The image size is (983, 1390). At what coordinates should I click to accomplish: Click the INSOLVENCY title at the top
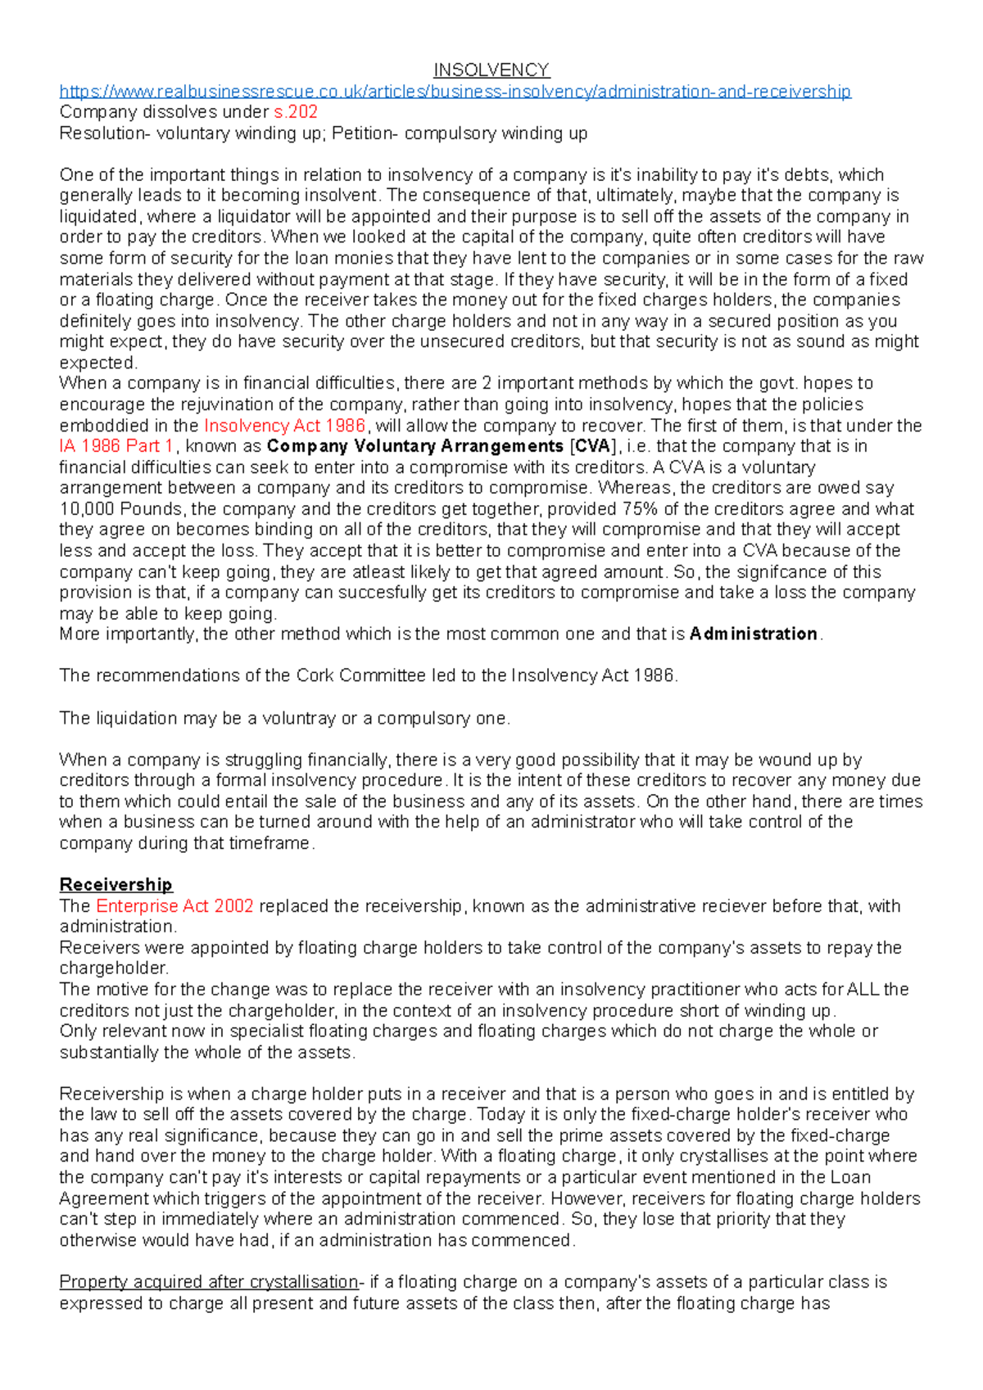pos(491,70)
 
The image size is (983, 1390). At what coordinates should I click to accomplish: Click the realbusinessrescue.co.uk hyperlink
pos(455,91)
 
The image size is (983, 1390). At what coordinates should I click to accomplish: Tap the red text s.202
pos(295,112)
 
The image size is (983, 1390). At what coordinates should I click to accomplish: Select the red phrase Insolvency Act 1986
pos(284,426)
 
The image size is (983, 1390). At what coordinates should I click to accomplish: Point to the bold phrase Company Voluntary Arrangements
pos(414,446)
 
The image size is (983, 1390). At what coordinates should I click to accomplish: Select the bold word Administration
pos(753,634)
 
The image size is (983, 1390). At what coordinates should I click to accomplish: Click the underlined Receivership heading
pos(116,885)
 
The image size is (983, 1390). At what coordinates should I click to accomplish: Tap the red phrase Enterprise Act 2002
pos(174,906)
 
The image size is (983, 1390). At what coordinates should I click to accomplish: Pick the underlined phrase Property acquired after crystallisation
pos(209,1282)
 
